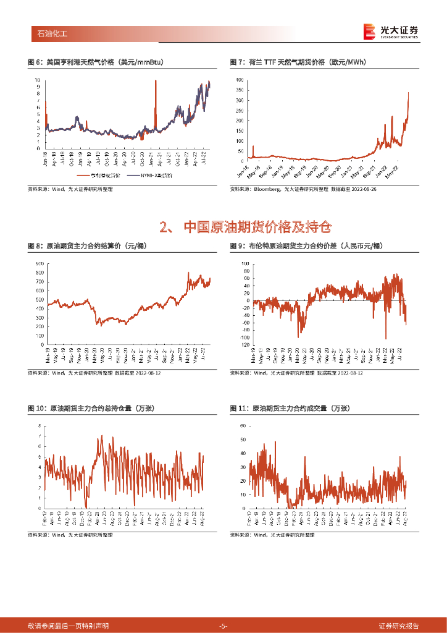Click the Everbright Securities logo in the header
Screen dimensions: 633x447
(x=391, y=32)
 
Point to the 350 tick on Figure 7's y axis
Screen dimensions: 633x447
(x=240, y=90)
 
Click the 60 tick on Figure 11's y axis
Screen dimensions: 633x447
(x=243, y=426)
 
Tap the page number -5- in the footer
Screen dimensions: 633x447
(x=223, y=626)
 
